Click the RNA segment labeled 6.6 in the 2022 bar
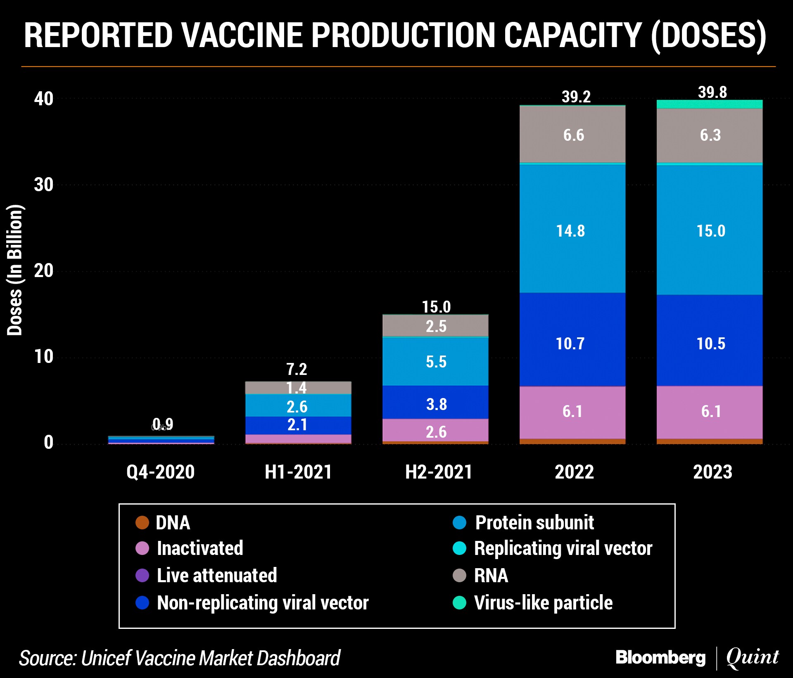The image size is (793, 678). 572,135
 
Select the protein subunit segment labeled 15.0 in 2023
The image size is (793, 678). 710,230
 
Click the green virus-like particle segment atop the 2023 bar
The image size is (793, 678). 710,104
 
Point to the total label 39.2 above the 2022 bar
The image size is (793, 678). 576,97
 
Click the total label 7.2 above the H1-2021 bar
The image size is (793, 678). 297,369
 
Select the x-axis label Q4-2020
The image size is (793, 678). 160,472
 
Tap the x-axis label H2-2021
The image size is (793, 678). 439,472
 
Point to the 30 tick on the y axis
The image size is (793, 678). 44,185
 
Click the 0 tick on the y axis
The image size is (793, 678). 48,442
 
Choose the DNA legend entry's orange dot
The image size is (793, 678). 142,522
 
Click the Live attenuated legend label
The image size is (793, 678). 217,575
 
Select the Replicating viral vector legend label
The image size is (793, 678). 563,548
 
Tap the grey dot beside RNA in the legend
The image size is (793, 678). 459,575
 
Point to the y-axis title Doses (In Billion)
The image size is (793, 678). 14,270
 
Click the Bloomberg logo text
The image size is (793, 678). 660,657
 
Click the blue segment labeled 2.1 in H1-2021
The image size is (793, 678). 297,425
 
